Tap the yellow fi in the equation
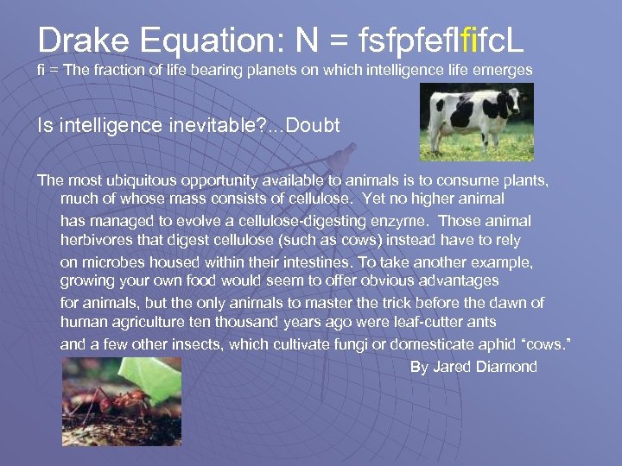tap(471, 41)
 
